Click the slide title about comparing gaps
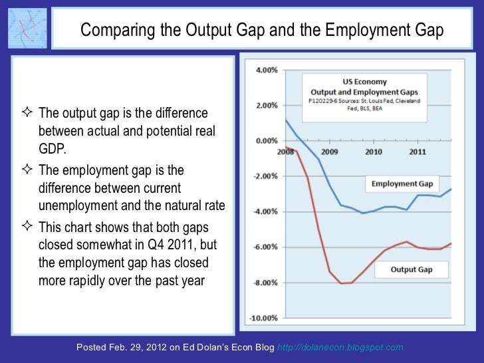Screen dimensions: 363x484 [262, 30]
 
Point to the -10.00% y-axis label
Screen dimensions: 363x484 [263, 318]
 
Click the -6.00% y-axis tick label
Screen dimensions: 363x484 [264, 247]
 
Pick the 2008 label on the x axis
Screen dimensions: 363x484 [286, 152]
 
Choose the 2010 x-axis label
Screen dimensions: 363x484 [374, 152]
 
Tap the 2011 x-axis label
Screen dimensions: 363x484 [418, 152]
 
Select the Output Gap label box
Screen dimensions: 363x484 [412, 269]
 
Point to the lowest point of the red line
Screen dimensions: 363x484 [344, 284]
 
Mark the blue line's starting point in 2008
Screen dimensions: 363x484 [285, 120]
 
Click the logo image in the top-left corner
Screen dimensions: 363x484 [27, 29]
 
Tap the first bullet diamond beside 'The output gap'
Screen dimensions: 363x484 [31, 112]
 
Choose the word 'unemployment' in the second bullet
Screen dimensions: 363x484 [75, 204]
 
